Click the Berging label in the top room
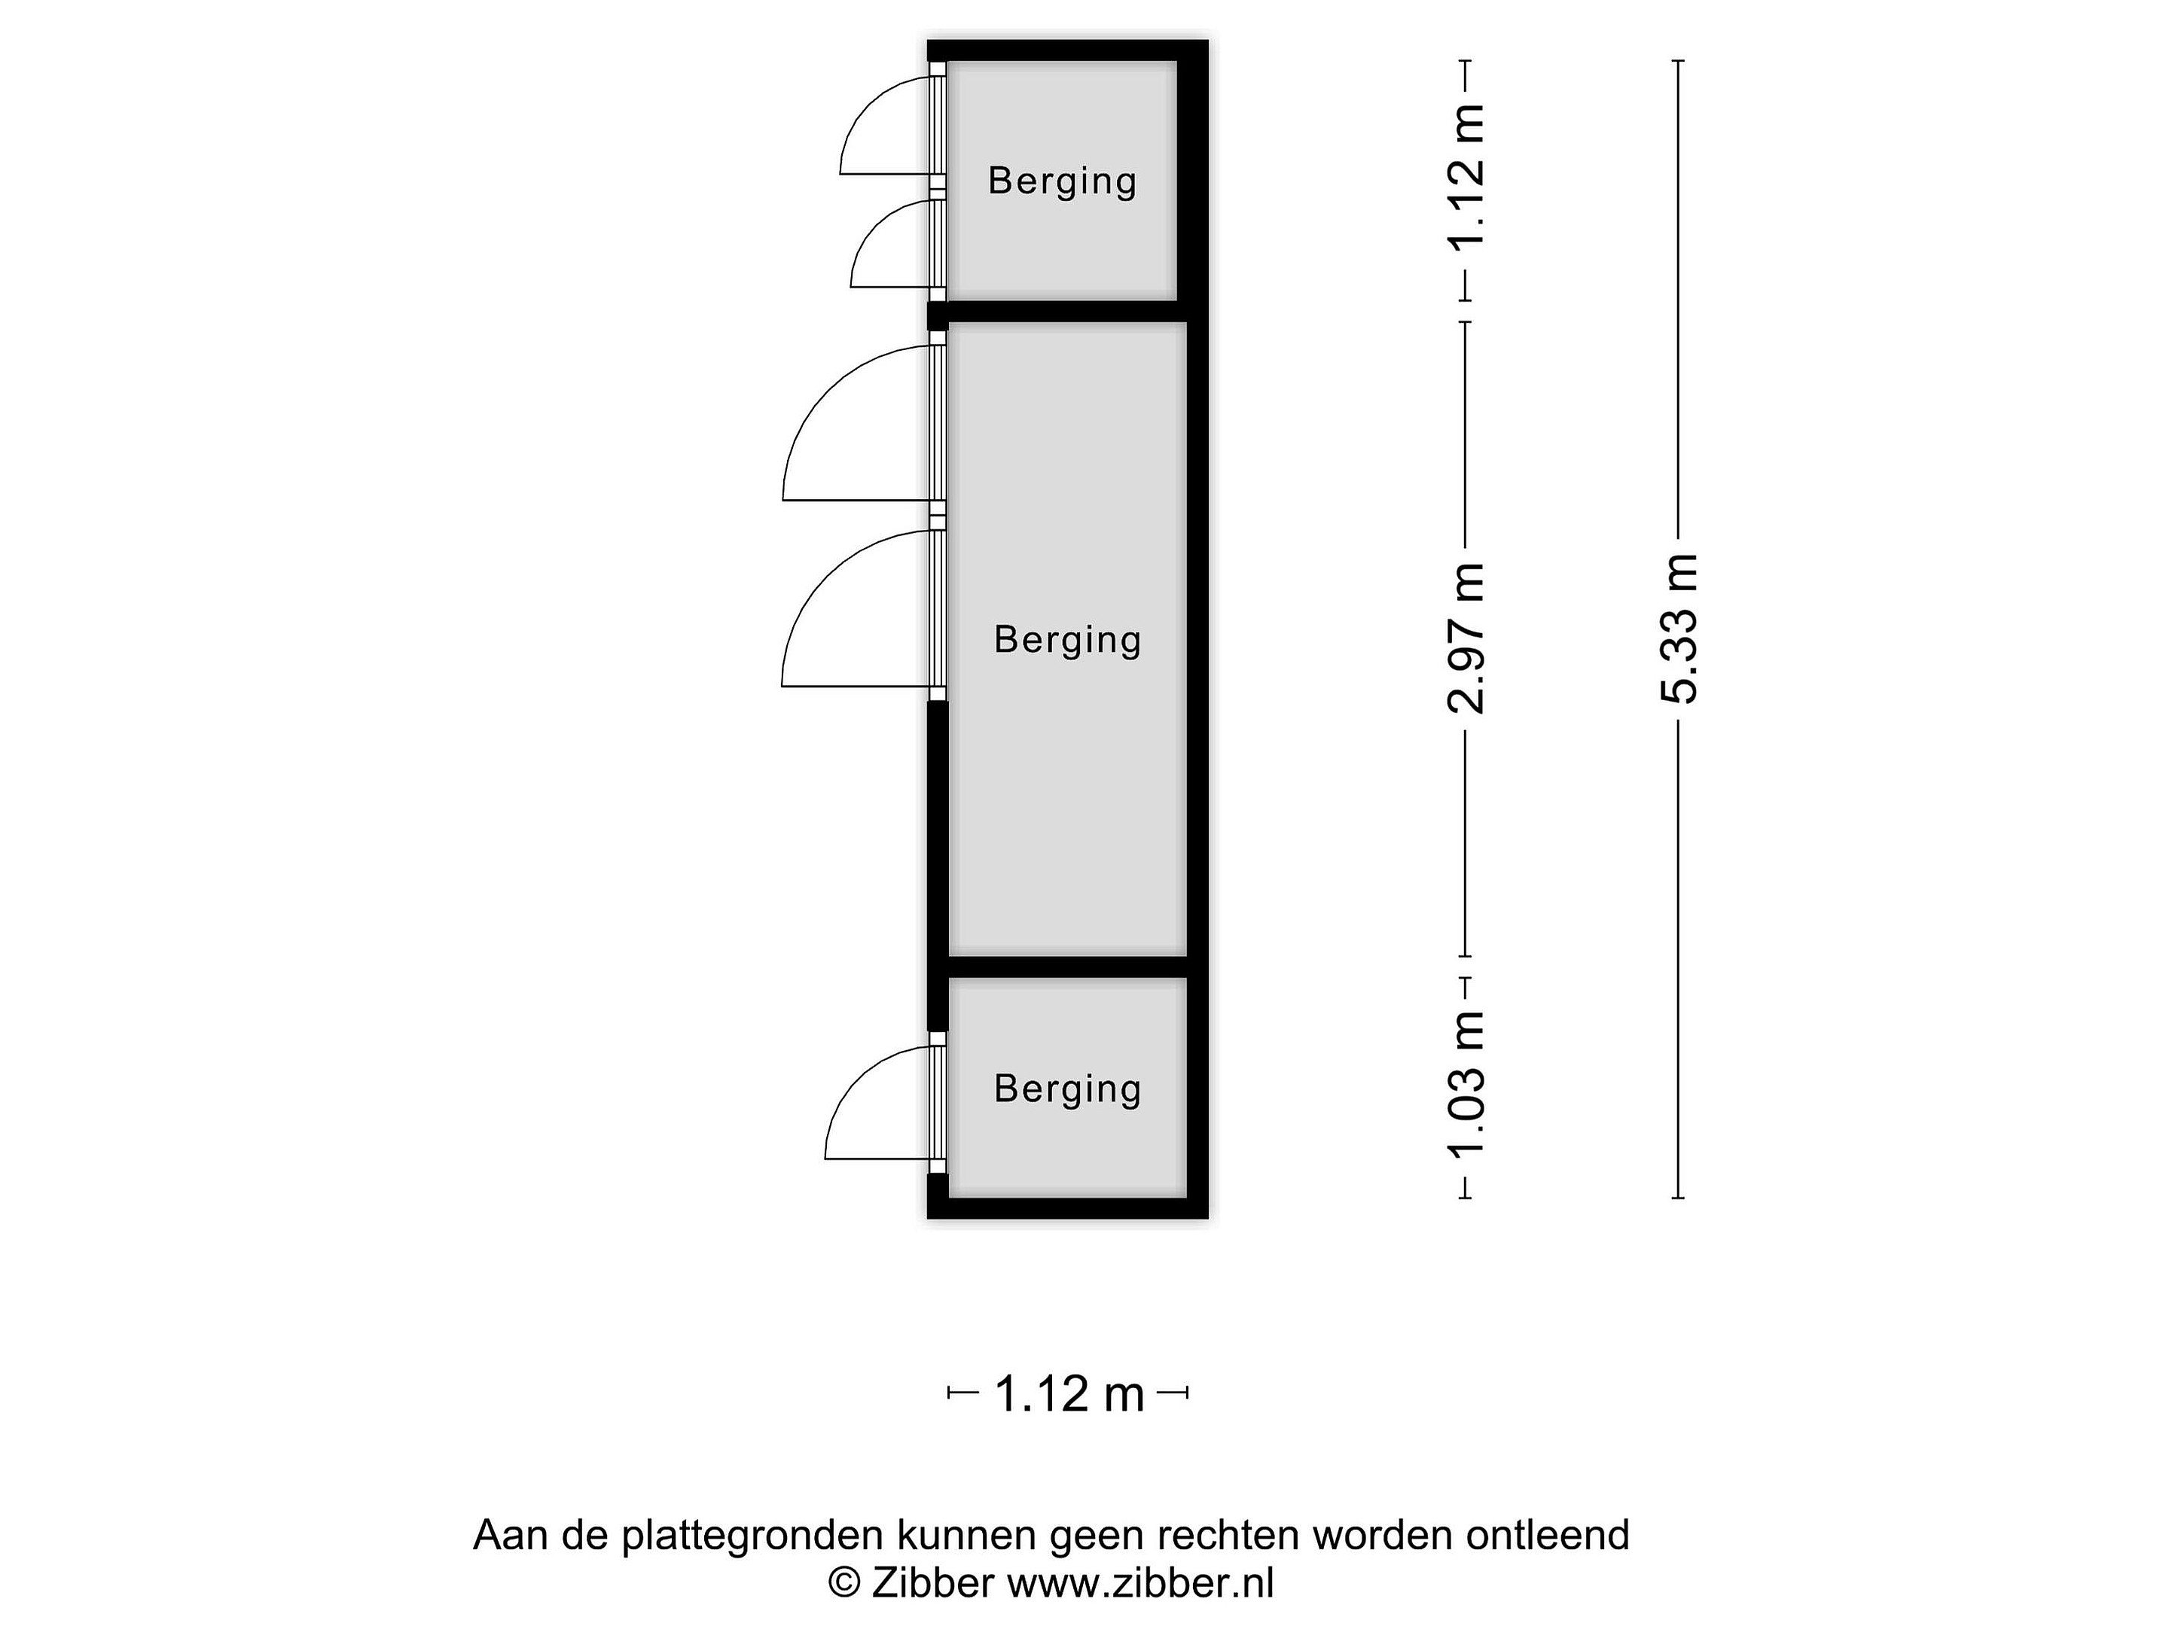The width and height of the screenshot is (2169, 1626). (1062, 181)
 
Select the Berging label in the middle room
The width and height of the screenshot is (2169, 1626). (1068, 640)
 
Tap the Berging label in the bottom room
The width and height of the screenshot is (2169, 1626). (1068, 1089)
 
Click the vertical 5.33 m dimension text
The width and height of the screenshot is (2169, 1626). (1678, 629)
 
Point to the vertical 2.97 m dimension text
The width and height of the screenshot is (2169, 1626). (1467, 638)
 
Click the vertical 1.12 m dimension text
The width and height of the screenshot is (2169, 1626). (1467, 179)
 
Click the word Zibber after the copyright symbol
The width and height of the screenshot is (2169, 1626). (932, 1583)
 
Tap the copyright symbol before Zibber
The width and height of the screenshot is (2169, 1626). (844, 1584)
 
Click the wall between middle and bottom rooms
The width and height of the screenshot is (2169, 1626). (1068, 967)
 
